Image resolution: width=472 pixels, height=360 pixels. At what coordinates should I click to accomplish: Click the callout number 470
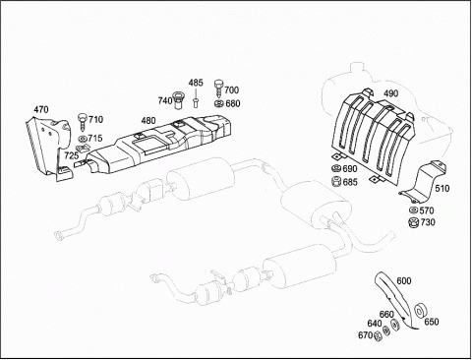tap(41, 109)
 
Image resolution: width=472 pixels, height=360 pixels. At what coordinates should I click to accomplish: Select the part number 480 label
tap(148, 121)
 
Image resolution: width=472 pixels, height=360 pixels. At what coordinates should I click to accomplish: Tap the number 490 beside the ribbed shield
tap(391, 93)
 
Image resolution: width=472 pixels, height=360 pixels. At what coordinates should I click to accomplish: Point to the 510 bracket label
tap(442, 188)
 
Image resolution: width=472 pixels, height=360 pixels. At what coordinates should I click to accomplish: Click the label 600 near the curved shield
tap(404, 280)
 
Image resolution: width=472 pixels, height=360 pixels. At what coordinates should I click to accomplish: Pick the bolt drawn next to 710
tap(82, 122)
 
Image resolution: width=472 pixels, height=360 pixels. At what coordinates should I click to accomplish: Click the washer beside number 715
tap(83, 139)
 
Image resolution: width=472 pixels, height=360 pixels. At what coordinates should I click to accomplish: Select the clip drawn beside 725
tap(84, 149)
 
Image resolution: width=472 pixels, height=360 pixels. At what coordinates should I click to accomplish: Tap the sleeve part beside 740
tap(179, 101)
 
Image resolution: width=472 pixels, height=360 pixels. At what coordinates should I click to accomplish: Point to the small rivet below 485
tap(196, 102)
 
